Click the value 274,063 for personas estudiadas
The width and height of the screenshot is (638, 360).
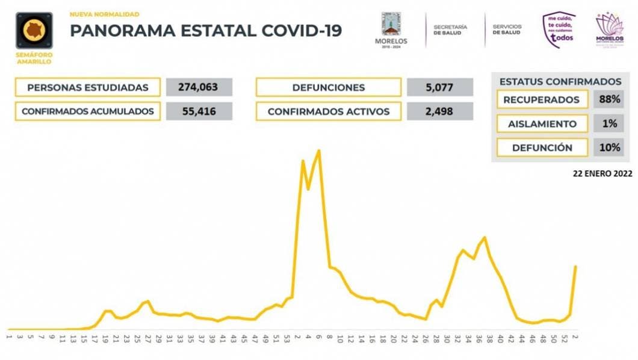point(199,87)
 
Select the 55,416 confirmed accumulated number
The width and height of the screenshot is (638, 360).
point(199,111)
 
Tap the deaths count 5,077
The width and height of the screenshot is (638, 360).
point(439,87)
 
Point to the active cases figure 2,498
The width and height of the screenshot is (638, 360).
point(439,111)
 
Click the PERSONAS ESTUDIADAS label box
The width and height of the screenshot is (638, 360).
point(88,87)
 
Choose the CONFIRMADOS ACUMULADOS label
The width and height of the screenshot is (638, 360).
point(88,111)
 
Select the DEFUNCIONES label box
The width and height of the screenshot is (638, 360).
point(328,87)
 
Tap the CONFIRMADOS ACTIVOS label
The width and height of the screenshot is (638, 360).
point(328,111)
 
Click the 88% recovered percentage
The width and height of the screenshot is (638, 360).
point(609,100)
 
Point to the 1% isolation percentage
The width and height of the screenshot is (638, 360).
point(609,123)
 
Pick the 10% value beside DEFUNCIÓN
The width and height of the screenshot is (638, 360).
point(609,147)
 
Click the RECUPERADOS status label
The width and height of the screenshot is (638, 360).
point(542,100)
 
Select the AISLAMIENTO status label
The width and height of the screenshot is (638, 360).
point(542,123)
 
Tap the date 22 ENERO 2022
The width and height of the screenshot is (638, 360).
point(603,173)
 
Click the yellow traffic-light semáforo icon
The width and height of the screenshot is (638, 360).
point(34,31)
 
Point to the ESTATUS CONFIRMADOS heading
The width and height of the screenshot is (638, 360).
point(560,82)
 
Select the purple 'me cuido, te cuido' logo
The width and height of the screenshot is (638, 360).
point(559,29)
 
